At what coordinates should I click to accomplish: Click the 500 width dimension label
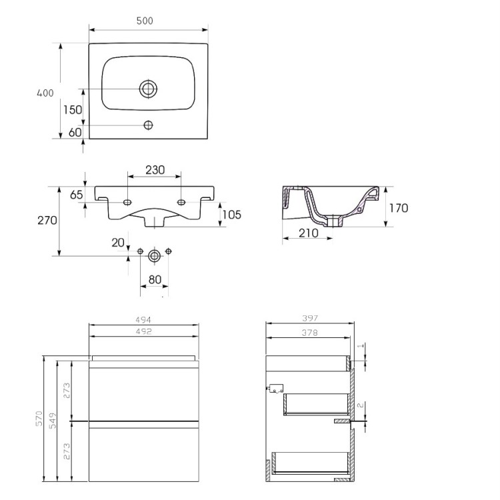click(x=145, y=21)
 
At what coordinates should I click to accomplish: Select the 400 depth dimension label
click(x=45, y=93)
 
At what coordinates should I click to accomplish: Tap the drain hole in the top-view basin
click(x=148, y=89)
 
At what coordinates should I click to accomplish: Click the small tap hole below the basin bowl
click(x=148, y=125)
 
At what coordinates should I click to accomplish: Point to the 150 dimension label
click(x=73, y=110)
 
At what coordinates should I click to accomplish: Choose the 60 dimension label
click(x=75, y=132)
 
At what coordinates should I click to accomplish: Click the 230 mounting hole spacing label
click(x=155, y=170)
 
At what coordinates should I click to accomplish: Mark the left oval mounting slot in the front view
click(x=127, y=202)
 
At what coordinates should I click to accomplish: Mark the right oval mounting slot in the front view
click(x=181, y=202)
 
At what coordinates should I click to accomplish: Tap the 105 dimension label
click(x=232, y=215)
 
